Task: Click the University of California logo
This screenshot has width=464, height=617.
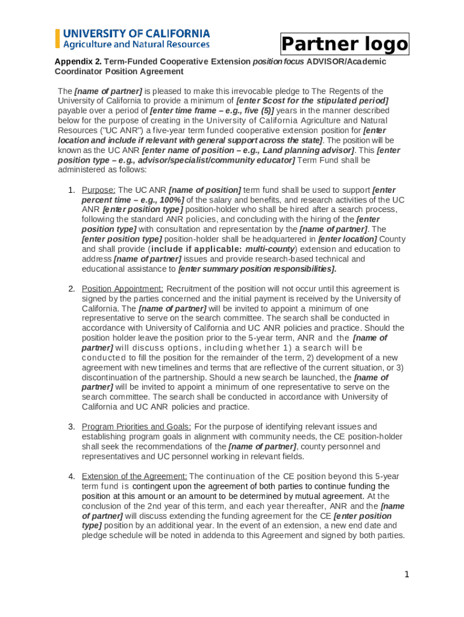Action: (133, 38)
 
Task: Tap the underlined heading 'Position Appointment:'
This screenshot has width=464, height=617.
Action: (122, 289)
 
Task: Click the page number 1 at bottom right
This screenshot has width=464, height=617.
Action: (407, 574)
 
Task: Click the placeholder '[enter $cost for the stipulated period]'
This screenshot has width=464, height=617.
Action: (312, 101)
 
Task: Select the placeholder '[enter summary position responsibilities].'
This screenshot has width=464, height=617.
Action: (257, 269)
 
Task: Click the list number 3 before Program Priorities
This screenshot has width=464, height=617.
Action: (71, 427)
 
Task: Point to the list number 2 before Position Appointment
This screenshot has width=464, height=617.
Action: (71, 289)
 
